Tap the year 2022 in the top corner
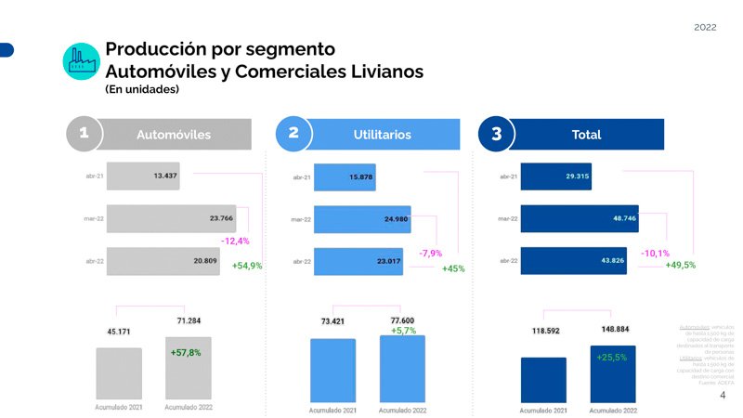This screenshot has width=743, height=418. click(705, 28)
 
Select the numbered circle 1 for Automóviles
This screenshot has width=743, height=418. click(84, 134)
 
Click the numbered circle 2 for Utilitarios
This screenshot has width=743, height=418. click(293, 134)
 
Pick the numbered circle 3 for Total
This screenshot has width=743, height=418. click(496, 134)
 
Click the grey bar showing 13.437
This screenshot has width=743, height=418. click(143, 175)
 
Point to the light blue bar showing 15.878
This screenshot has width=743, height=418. click(345, 176)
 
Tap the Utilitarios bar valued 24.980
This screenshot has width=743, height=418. click(362, 219)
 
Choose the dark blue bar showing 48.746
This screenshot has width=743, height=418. click(580, 219)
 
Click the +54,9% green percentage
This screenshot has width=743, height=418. click(247, 266)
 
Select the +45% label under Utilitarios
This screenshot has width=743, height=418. click(452, 268)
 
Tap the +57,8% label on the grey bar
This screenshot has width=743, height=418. click(186, 353)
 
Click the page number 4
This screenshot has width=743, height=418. click(723, 395)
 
